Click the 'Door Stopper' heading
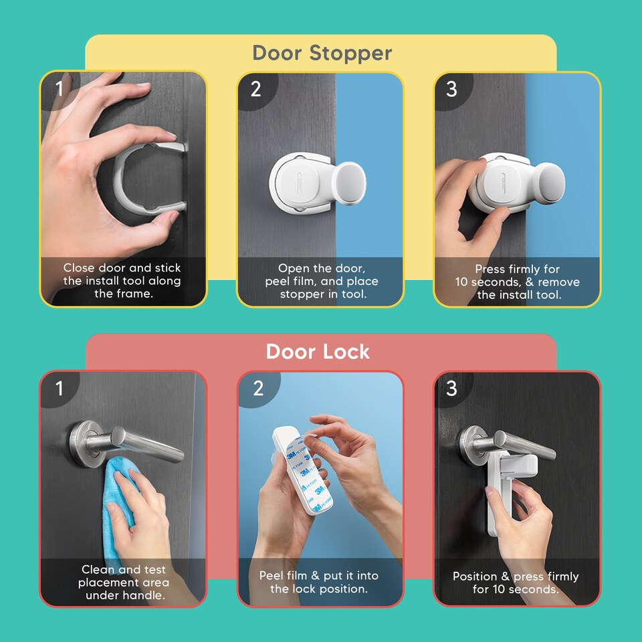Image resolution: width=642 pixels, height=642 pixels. [322, 53]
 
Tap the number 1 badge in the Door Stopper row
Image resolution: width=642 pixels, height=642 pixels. [59, 88]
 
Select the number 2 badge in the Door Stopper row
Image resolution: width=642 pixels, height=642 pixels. [256, 88]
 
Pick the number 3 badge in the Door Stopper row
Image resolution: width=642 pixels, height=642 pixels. [452, 88]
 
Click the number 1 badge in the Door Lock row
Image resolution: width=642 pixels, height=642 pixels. [59, 387]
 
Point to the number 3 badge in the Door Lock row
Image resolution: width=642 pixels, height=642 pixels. [452, 387]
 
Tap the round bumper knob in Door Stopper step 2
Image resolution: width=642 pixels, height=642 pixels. [352, 183]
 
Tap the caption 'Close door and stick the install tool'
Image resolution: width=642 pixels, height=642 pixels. [122, 281]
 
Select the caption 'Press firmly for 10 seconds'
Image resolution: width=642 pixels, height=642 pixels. [518, 282]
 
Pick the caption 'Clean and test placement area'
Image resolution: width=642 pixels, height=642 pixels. [123, 582]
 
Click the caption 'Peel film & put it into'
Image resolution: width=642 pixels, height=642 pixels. [319, 582]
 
